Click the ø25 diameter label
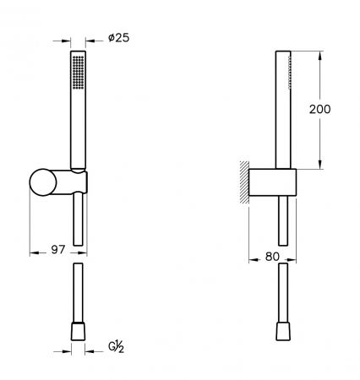[x=119, y=38]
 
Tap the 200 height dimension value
[x=319, y=109]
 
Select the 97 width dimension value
[x=58, y=249]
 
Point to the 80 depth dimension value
[x=272, y=257]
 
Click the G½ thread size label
[x=117, y=347]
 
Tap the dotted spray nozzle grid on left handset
[x=78, y=73]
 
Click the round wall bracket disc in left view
[x=43, y=182]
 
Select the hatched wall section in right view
[x=244, y=182]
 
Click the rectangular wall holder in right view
[x=272, y=182]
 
